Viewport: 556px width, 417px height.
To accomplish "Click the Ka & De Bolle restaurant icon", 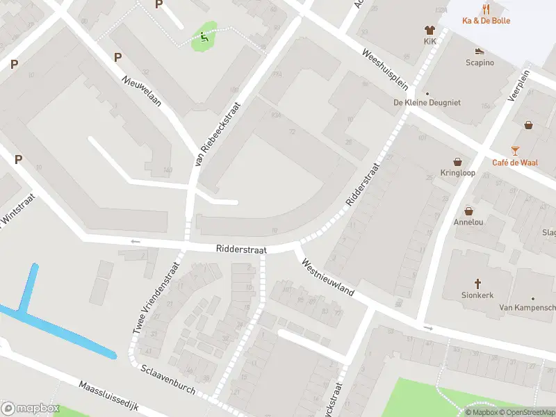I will [x=486, y=10].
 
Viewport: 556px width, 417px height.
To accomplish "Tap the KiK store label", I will [x=430, y=41].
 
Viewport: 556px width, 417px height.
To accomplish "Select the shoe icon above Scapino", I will [x=480, y=51].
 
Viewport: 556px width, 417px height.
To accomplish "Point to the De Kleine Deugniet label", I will [x=427, y=102].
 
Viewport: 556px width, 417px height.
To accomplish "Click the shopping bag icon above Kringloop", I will [x=457, y=161].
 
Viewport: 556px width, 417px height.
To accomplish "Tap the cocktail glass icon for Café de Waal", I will [x=515, y=151].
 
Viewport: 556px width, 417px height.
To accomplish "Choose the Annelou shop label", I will [x=468, y=222].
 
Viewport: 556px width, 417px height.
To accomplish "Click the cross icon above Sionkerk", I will [x=478, y=284].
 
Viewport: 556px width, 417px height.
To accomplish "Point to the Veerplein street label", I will [x=518, y=85].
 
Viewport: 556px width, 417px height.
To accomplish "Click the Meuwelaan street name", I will [x=142, y=90].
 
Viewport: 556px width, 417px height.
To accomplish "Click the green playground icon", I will [x=204, y=37].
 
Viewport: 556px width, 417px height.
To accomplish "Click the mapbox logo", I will [x=31, y=409].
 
